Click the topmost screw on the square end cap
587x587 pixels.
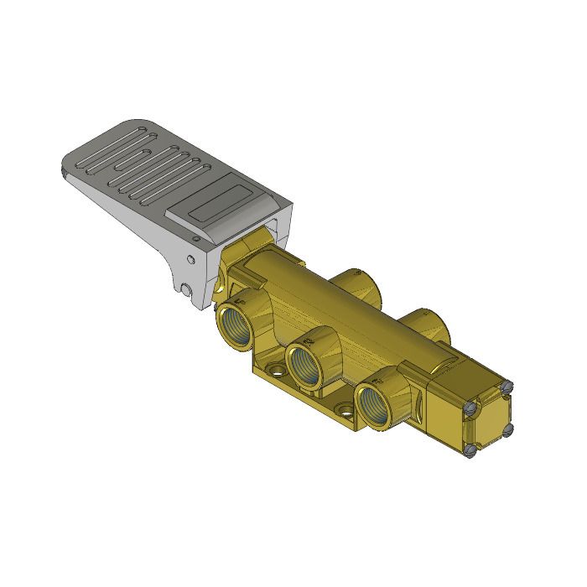click(506, 387)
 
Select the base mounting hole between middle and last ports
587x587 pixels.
click(343, 410)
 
